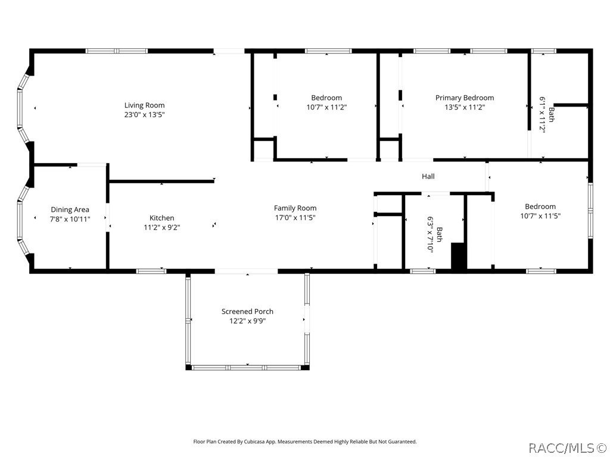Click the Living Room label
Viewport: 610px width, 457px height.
(144, 105)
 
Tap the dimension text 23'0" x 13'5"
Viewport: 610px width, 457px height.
(144, 115)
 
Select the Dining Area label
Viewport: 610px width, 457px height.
(70, 209)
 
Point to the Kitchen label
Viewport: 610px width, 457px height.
(161, 218)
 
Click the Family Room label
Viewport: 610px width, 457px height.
(295, 208)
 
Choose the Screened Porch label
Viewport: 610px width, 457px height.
(247, 311)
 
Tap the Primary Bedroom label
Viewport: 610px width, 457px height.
(464, 98)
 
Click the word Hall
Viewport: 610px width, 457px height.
(428, 176)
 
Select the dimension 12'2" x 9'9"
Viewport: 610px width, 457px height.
(247, 321)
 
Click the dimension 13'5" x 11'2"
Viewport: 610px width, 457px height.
(464, 108)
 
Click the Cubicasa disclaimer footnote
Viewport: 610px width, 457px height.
(304, 442)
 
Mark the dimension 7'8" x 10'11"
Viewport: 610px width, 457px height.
(70, 219)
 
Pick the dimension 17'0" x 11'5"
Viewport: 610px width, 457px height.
(295, 217)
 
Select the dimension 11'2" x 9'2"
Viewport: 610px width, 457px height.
(161, 227)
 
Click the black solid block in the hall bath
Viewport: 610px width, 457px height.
(458, 256)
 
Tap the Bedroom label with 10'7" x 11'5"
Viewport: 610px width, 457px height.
(540, 206)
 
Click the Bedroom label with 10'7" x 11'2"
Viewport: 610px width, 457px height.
(326, 98)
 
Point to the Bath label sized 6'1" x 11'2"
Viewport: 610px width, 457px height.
(552, 114)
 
